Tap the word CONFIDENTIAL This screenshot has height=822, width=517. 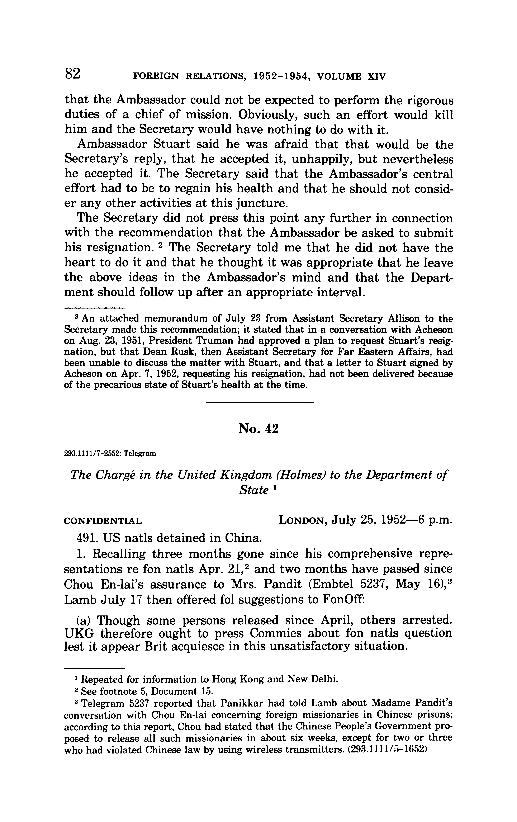point(103,521)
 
